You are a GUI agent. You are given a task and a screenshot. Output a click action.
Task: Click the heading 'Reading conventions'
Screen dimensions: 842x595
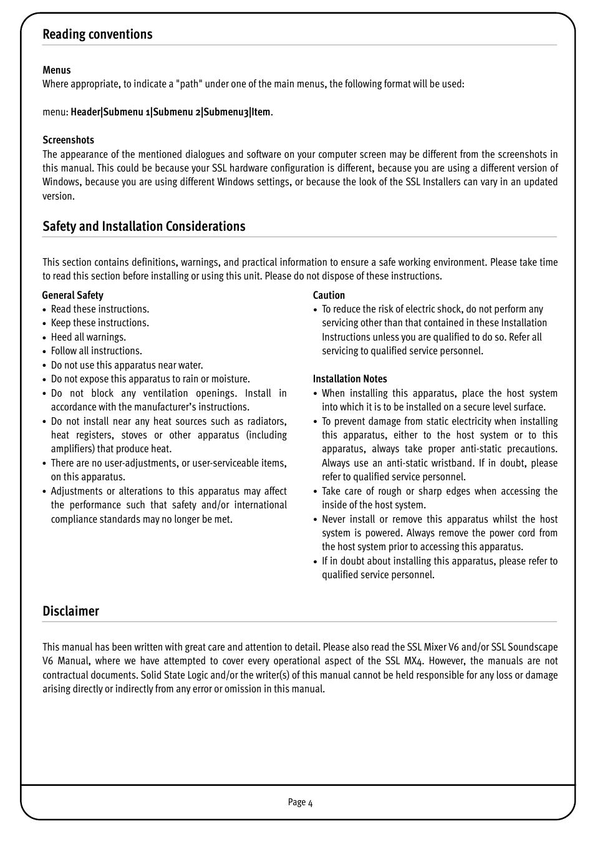(x=97, y=34)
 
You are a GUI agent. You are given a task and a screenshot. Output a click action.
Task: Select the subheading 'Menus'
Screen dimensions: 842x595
(x=56, y=70)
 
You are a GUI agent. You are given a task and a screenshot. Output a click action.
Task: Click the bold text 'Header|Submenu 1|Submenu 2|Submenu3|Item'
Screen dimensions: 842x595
(x=170, y=112)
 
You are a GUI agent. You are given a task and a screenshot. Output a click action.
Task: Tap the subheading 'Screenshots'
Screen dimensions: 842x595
(x=68, y=140)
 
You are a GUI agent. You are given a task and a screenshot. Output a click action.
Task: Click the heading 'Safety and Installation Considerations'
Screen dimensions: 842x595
(x=143, y=226)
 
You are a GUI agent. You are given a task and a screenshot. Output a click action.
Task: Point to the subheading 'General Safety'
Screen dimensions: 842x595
(x=72, y=296)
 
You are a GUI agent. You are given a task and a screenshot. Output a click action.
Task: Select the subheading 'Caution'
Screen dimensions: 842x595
(x=329, y=296)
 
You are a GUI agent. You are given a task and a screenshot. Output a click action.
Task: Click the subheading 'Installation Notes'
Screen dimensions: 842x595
(x=349, y=379)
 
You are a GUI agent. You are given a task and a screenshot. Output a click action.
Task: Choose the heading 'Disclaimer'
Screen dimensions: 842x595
(x=70, y=611)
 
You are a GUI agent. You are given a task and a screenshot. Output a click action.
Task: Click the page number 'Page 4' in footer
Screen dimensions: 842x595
(x=300, y=802)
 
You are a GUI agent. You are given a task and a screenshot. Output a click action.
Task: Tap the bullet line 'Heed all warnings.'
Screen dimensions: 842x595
(x=88, y=337)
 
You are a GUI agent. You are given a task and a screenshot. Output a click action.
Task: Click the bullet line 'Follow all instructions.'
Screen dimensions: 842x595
(x=96, y=351)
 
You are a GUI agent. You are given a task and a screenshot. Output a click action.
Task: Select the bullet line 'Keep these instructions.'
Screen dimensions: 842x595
(x=100, y=323)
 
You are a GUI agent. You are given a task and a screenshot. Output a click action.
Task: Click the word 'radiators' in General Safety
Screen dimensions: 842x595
(x=267, y=422)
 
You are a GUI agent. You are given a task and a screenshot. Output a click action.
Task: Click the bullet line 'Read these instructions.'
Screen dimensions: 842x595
(x=100, y=309)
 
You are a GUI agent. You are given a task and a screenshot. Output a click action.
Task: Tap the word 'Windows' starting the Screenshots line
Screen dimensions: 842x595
(x=61, y=182)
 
